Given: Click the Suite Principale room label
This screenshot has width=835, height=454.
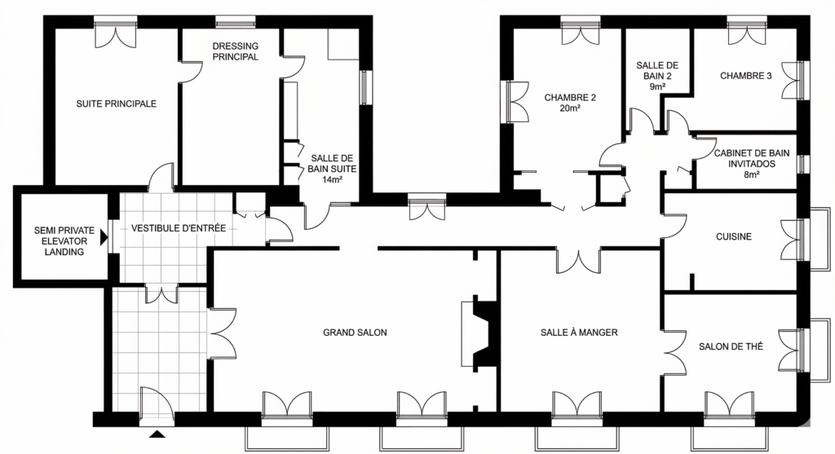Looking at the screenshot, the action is (x=116, y=104).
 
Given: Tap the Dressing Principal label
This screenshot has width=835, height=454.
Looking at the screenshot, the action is (x=236, y=51).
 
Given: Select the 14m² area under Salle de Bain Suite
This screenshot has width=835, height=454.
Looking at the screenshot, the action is (x=332, y=180).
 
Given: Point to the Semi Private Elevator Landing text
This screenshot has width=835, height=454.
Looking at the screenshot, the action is (x=64, y=241).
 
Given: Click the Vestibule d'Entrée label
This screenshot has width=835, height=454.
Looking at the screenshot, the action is (x=179, y=228).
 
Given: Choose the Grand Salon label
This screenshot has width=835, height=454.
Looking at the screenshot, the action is (x=355, y=333).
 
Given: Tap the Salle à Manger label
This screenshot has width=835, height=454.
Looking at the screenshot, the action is (x=579, y=333).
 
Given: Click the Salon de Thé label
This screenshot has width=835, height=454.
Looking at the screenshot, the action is (x=731, y=346).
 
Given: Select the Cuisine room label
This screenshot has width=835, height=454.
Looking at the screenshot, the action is (x=734, y=237).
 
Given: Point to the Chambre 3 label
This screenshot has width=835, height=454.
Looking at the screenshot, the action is (x=745, y=76).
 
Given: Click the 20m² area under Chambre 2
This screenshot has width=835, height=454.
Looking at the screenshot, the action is (x=570, y=108).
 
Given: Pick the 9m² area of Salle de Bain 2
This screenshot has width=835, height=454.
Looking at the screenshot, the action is (x=657, y=86).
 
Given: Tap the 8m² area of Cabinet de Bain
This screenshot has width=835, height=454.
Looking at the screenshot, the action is (x=751, y=174).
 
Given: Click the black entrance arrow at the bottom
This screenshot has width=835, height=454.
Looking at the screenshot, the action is (x=157, y=434).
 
